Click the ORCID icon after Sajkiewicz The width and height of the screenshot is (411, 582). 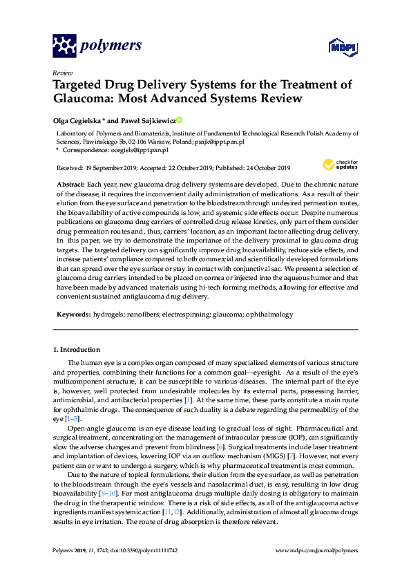click(180, 119)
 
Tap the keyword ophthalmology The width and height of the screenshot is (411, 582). click(267, 314)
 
